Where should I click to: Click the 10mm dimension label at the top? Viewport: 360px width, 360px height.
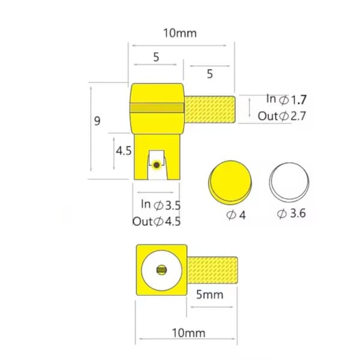pos(180,33)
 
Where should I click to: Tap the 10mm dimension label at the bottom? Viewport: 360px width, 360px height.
pos(188,333)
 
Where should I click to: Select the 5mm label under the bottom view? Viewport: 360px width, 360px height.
pos(209,295)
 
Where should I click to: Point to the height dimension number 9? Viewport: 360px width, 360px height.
pos(97,121)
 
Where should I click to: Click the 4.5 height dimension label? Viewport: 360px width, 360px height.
pos(124,151)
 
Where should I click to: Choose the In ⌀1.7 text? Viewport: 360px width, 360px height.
pos(286,100)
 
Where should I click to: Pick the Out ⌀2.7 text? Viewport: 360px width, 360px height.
pos(282,116)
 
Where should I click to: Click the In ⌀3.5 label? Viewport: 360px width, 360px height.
pos(161,205)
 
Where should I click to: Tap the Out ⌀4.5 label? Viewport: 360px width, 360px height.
pos(157,221)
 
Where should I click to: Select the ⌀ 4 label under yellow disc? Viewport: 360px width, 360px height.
pos(236,215)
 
